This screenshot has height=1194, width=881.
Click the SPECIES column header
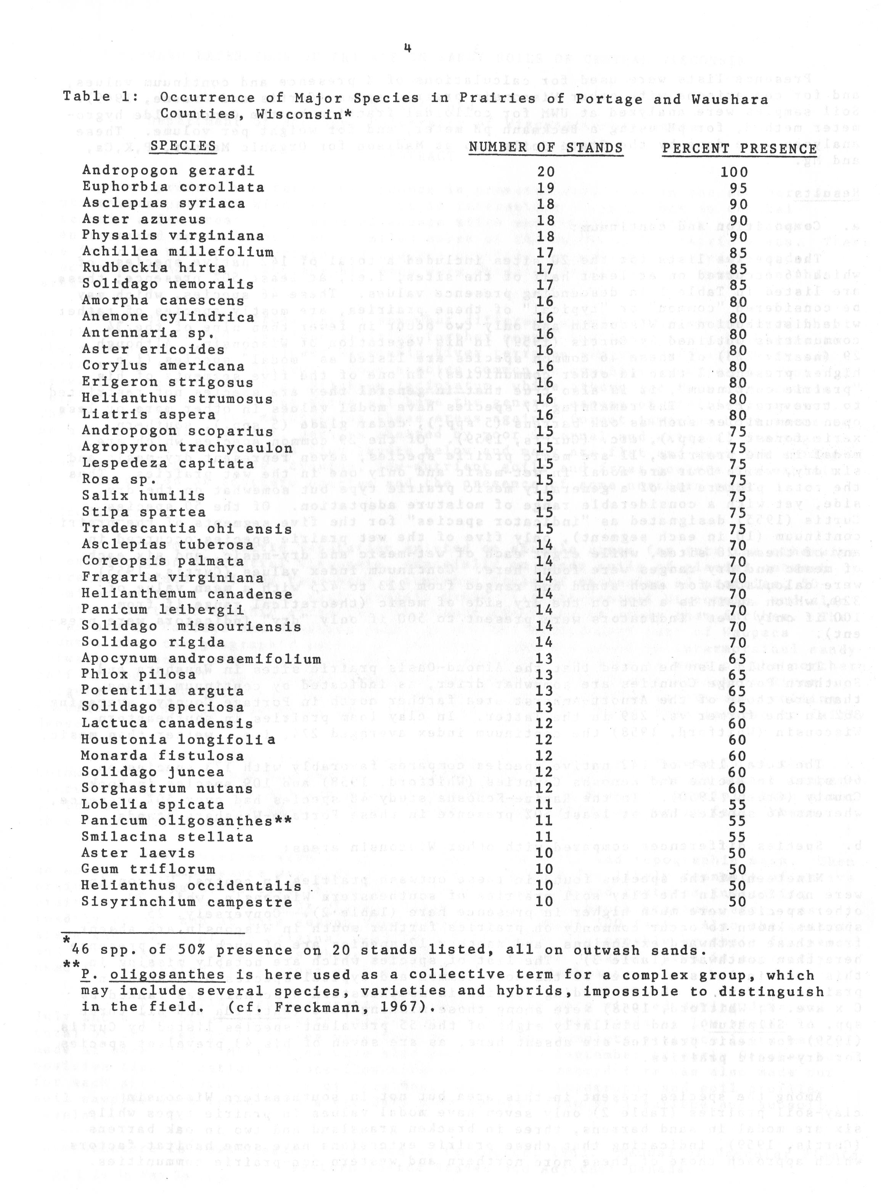click(183, 146)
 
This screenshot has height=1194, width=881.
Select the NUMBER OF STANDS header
click(545, 147)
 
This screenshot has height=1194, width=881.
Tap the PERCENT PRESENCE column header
click(739, 149)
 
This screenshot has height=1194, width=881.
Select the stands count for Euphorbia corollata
click(545, 188)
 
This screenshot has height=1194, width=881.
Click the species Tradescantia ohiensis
click(186, 529)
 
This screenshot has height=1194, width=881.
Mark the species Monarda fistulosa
click(162, 756)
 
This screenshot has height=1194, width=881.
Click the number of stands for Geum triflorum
click(545, 870)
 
